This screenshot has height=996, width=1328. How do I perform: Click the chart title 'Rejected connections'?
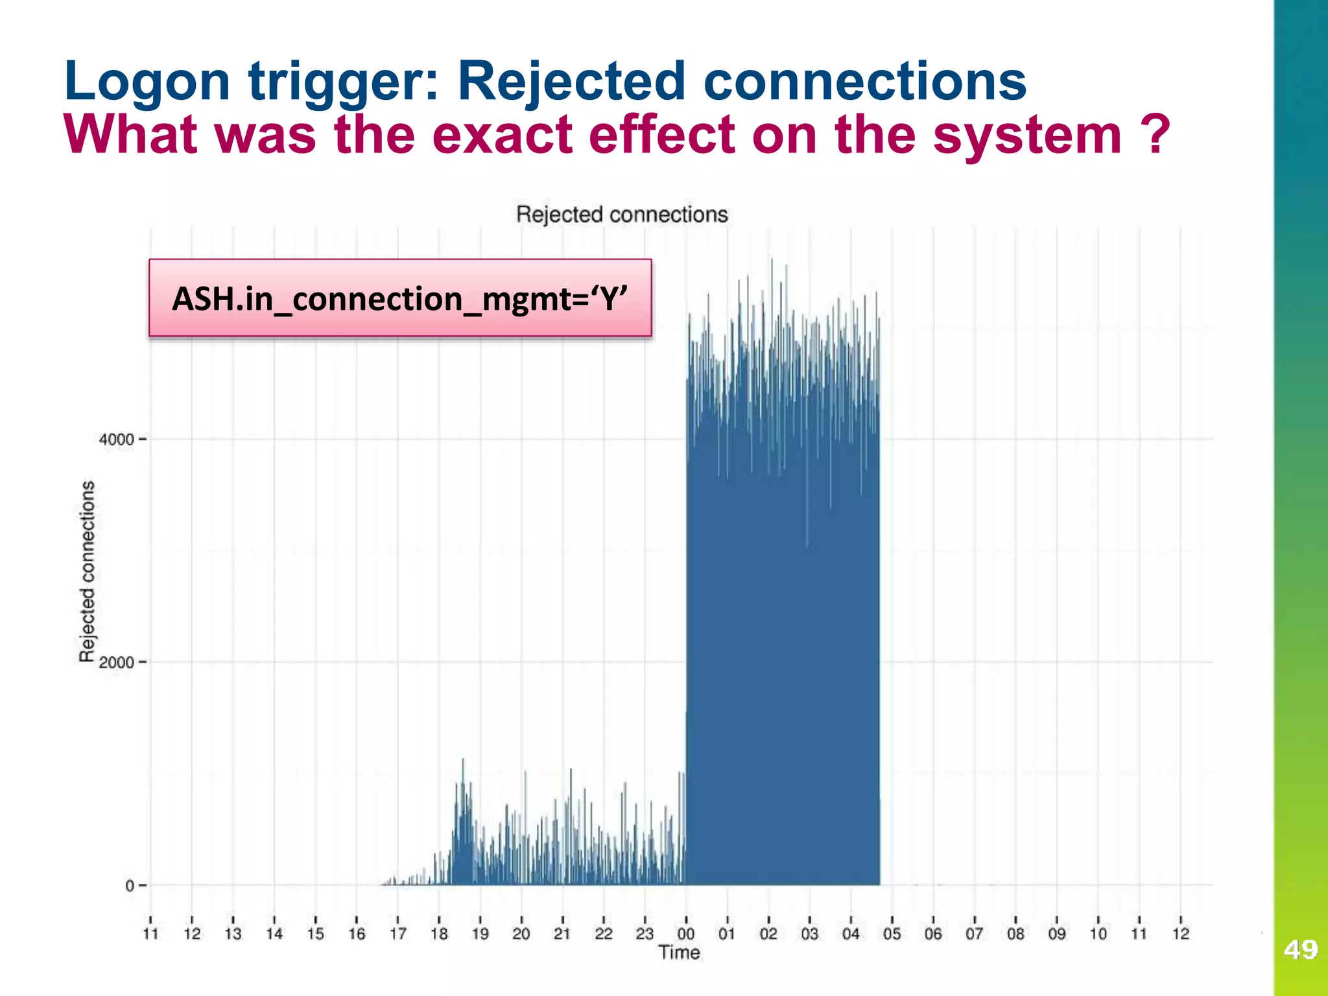pyautogui.click(x=622, y=215)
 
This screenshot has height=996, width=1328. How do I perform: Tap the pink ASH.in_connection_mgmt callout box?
pyautogui.click(x=400, y=298)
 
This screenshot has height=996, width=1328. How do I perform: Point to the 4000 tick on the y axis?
pyautogui.click(x=117, y=440)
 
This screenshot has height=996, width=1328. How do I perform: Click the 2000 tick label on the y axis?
pyautogui.click(x=117, y=663)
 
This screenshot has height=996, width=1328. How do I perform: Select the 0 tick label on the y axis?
pyautogui.click(x=130, y=886)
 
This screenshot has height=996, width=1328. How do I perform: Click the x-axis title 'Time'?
pyautogui.click(x=679, y=953)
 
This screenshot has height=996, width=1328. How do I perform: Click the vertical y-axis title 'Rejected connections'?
pyautogui.click(x=87, y=571)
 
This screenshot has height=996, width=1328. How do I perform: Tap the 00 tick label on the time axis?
pyautogui.click(x=685, y=934)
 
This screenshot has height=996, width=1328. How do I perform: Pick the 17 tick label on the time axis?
pyautogui.click(x=397, y=934)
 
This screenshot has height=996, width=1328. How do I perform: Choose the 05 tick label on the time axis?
pyautogui.click(x=892, y=934)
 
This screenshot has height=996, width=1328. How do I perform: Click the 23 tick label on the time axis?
pyautogui.click(x=645, y=934)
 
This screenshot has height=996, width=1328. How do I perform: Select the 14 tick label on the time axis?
pyautogui.click(x=274, y=934)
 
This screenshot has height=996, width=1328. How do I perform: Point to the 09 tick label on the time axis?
pyautogui.click(x=1056, y=934)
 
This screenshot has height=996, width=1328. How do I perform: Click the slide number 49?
pyautogui.click(x=1300, y=950)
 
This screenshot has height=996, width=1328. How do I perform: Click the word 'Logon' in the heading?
pyautogui.click(x=147, y=82)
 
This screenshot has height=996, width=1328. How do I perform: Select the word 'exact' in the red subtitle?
pyautogui.click(x=502, y=135)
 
